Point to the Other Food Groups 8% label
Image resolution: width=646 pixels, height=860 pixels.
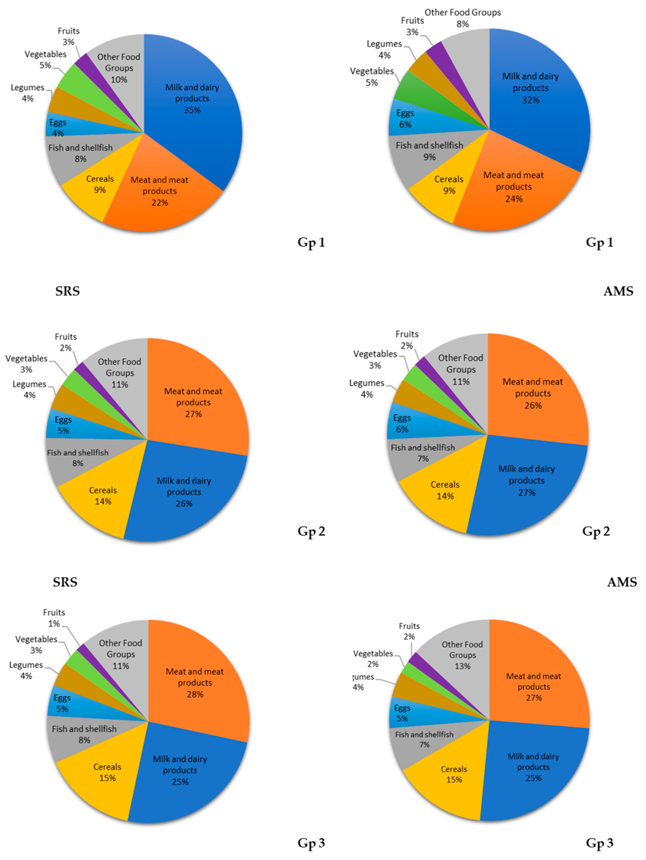pos(462,18)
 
